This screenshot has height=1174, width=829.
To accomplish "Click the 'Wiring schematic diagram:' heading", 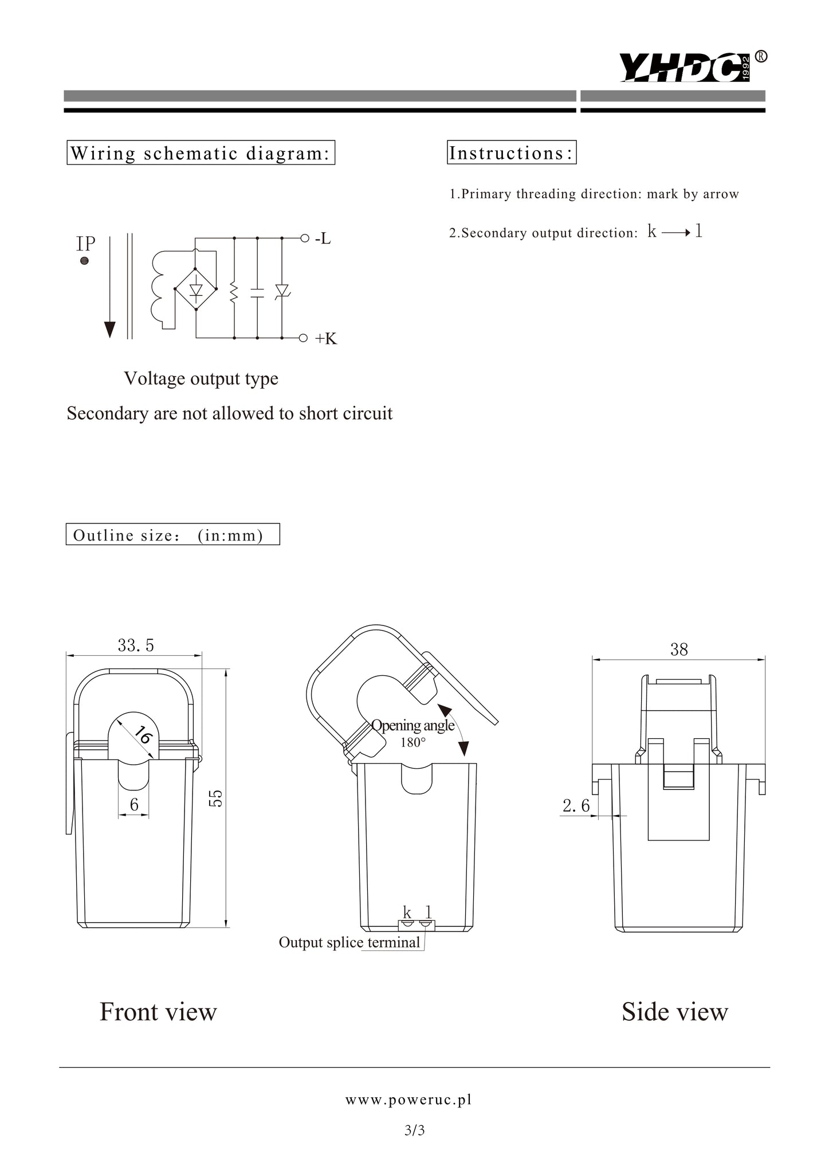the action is coord(201,153).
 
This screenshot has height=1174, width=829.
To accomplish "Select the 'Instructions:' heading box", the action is coord(512,153).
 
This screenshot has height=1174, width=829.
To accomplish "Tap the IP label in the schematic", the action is coord(86,244).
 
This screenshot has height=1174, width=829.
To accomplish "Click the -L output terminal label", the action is coord(323,238).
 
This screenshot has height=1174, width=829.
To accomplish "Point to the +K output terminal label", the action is coord(326,338).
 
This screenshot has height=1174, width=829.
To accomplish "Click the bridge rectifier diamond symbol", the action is coord(196,289).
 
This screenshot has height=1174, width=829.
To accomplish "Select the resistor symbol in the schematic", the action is coord(234,292).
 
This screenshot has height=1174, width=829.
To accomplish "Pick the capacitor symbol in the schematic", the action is coord(257,293).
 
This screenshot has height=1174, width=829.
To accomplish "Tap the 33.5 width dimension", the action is coord(136,645).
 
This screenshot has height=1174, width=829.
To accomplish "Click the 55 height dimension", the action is coord(215,798).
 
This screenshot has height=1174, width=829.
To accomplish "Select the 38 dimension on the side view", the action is coord(679,649).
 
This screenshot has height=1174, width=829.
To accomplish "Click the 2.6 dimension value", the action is coord(576,806).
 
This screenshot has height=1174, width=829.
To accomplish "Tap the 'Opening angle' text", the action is coord(412,725).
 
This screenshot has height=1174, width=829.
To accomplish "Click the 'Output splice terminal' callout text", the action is coord(349,942).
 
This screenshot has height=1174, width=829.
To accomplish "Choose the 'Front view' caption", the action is coord(158,1012).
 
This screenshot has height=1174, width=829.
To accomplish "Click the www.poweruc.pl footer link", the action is coord(408,1099).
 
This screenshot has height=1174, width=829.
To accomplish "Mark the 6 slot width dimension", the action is coord(134,805).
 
